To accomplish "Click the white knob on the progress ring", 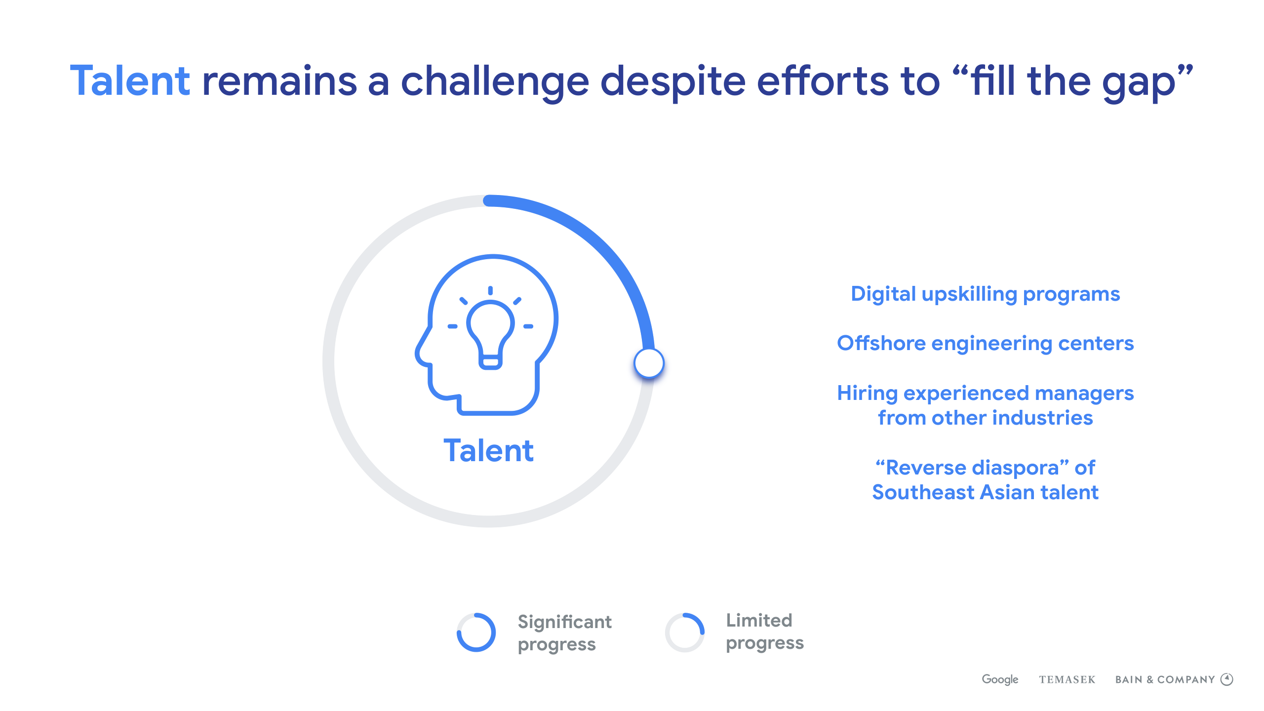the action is (649, 363).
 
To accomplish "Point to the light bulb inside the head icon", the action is (490, 328).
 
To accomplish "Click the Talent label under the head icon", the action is (488, 450).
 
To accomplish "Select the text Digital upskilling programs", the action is (986, 295).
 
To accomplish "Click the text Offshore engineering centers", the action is (986, 344).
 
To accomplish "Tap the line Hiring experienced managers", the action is (986, 394).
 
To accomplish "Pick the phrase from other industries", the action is (986, 418).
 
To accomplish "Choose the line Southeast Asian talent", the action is (986, 492).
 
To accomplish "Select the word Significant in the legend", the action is (565, 622).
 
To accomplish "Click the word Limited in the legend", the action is (759, 620).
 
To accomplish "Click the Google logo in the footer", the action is (1000, 679).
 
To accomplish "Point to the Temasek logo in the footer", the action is (1067, 680).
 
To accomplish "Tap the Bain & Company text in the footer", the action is (1165, 680).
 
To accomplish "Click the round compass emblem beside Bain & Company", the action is (1227, 679).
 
